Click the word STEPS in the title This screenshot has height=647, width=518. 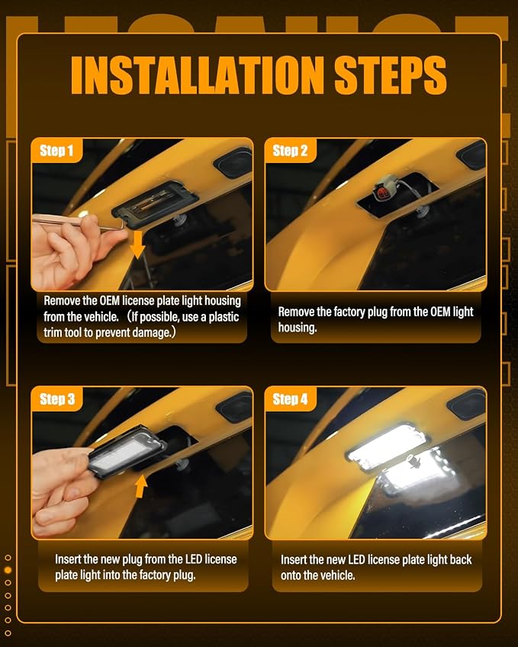point(391,75)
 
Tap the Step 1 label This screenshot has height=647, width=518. point(56,151)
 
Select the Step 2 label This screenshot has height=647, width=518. point(290,151)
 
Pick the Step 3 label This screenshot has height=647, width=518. point(57,399)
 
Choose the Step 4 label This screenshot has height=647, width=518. point(290,399)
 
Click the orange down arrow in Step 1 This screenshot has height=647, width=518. point(137,245)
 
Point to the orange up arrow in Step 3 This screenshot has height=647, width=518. point(141,485)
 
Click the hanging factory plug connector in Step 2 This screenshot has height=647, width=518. point(385,190)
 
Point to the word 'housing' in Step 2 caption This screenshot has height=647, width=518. point(297,328)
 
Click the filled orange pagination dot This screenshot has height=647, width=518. point(8,570)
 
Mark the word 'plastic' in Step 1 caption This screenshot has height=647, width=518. point(224,317)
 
